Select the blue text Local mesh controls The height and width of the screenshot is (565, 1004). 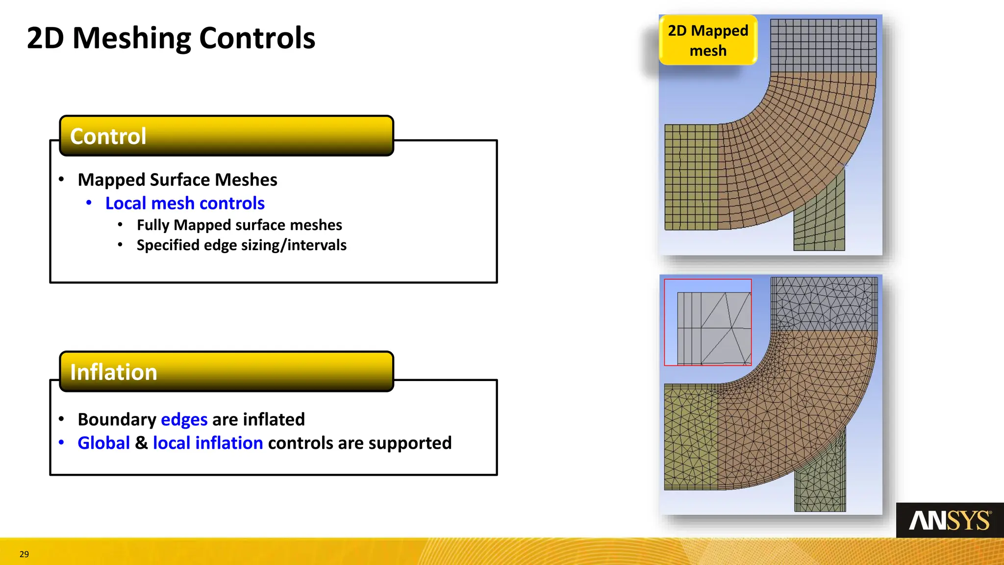pyautogui.click(x=185, y=203)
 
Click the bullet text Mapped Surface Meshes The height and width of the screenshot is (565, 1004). pyautogui.click(x=177, y=180)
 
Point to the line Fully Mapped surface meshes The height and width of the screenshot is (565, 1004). pyautogui.click(x=239, y=225)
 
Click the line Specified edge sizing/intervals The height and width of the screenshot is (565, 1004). pyautogui.click(x=241, y=245)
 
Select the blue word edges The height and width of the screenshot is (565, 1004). pyautogui.click(x=184, y=419)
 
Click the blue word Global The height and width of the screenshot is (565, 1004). pyautogui.click(x=103, y=443)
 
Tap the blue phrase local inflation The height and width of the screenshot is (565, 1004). pyautogui.click(x=208, y=443)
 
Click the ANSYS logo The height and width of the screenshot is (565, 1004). pyautogui.click(x=950, y=520)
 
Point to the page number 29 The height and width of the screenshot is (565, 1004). pyautogui.click(x=24, y=554)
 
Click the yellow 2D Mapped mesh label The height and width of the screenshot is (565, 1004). pyautogui.click(x=708, y=40)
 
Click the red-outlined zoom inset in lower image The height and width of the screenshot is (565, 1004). pyautogui.click(x=707, y=322)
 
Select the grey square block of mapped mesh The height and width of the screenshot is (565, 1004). pyautogui.click(x=823, y=46)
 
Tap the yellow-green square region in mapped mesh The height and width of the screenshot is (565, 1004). pyautogui.click(x=691, y=177)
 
